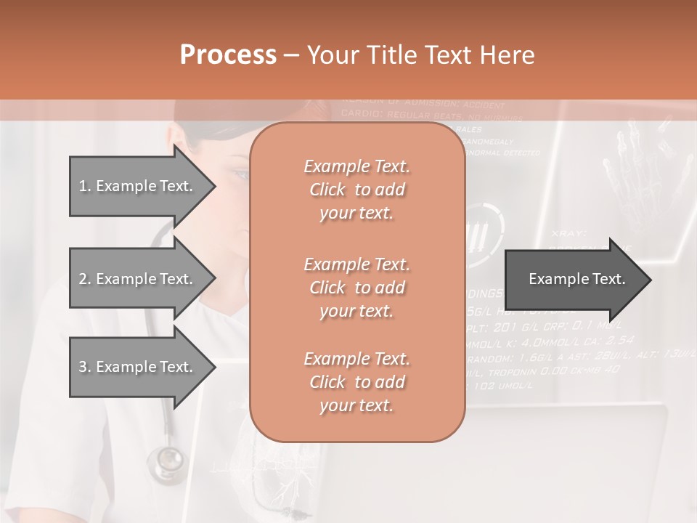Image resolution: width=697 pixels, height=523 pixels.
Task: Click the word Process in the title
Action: [x=228, y=55]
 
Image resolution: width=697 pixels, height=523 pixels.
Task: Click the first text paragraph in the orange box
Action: [x=356, y=190]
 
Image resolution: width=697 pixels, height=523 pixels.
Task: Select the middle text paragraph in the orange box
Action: [x=356, y=288]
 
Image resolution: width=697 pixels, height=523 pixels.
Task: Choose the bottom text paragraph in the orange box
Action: [x=356, y=382]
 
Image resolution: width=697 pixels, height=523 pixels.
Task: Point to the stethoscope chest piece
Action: [x=168, y=459]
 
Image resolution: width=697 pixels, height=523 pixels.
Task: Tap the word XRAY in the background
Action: [x=568, y=233]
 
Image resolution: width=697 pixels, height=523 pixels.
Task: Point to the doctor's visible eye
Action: [x=240, y=174]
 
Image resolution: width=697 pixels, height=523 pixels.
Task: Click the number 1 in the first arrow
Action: [x=82, y=186]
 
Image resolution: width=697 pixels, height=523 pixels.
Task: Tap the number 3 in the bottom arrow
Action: [x=82, y=367]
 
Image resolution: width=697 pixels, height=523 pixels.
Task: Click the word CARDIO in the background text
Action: [x=361, y=115]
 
